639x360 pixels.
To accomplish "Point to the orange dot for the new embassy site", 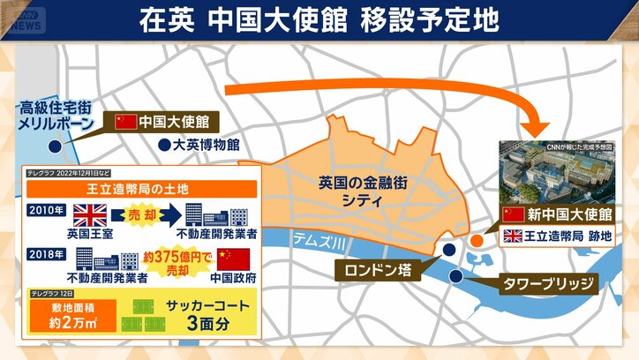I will click(x=477, y=239).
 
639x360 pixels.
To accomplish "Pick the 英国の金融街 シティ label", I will click(x=351, y=191).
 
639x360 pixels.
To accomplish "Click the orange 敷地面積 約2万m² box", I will click(x=64, y=319).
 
